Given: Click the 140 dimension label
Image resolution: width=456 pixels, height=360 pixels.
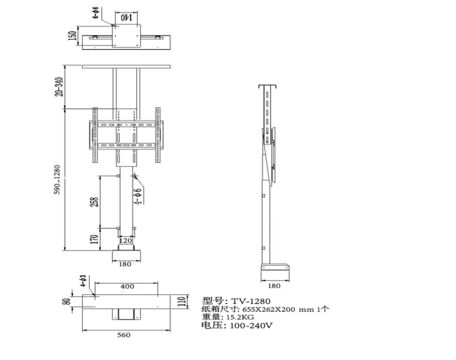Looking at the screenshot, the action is tap(127, 18).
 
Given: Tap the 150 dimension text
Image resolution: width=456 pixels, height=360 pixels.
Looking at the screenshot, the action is tap(72, 36).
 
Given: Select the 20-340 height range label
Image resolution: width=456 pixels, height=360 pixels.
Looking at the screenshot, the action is tap(59, 86).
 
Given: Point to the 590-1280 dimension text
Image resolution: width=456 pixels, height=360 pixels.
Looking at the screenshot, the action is tap(57, 180).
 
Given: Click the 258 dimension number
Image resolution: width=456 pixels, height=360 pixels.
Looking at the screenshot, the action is tap(95, 202).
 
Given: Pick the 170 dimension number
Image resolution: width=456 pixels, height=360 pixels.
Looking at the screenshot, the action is tap(94, 239).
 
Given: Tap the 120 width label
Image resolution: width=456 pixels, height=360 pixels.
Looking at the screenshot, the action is tap(125, 241).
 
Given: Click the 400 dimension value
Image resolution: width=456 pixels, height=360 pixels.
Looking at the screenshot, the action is tap(127, 287).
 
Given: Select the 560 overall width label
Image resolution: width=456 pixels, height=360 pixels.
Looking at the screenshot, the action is tap(124, 335).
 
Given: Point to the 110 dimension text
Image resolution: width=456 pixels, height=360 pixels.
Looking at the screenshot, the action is tap(182, 301).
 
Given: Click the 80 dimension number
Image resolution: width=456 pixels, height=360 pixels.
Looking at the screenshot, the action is tap(67, 301).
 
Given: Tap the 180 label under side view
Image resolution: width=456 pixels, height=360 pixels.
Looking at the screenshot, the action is tap(274, 286).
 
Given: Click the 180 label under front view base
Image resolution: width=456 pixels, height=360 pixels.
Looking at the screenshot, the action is tap(125, 264).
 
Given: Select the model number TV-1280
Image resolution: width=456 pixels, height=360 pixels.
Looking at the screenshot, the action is tap(251, 301).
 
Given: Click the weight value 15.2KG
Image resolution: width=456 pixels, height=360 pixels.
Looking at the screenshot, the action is tap(240, 317).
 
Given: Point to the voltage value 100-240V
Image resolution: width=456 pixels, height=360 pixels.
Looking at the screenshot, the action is tap(251, 326).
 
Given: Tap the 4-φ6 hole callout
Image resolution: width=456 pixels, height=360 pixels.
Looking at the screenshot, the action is tap(138, 196).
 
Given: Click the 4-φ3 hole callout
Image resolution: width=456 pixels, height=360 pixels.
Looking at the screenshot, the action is tap(84, 281).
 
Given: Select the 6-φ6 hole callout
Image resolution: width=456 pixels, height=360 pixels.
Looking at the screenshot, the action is tap(95, 13).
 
